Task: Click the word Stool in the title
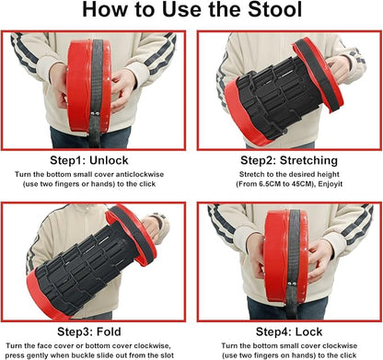click(x=275, y=9)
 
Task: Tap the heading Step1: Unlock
click(x=89, y=160)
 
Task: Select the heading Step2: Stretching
click(x=289, y=160)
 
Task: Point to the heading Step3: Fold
click(x=89, y=331)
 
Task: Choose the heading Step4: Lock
click(x=289, y=331)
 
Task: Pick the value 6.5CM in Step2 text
click(x=269, y=184)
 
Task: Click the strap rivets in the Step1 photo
click(x=95, y=113)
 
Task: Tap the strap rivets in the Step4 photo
click(x=292, y=284)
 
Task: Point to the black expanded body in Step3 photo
click(x=86, y=267)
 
